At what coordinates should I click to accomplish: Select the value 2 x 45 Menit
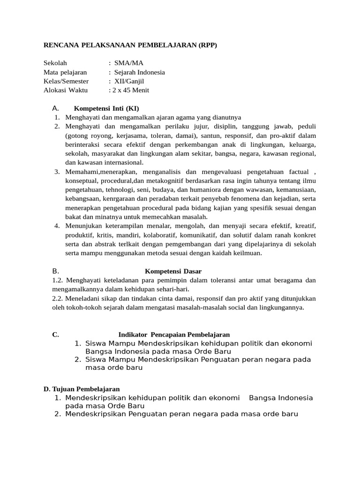tap(131, 90)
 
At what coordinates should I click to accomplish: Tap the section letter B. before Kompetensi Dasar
tap(55, 271)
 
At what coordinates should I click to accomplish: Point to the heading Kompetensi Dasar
tap(173, 271)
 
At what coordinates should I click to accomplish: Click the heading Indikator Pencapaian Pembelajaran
tap(174, 335)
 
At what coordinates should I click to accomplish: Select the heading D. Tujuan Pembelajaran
tap(82, 389)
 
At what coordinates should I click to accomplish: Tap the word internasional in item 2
tap(121, 163)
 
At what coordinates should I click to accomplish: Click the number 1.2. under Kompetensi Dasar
tap(58, 280)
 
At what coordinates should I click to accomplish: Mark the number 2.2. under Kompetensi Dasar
tap(58, 299)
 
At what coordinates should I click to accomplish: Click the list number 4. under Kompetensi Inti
tap(57, 226)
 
